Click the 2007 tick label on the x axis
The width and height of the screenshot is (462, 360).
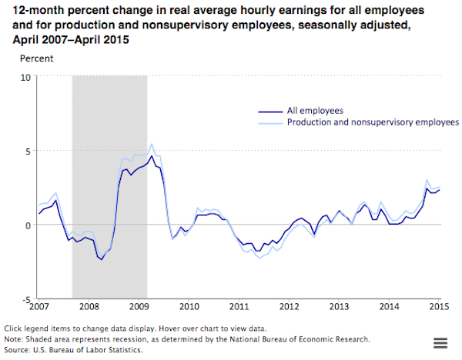click(38, 306)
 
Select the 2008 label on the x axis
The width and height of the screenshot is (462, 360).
click(89, 306)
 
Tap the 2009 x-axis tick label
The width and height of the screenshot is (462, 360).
click(139, 306)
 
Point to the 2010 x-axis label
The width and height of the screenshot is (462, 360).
click(189, 306)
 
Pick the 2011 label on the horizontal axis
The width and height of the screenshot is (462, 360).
click(239, 306)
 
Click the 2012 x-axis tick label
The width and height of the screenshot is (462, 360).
click(289, 306)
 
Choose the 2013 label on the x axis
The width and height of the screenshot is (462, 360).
click(339, 306)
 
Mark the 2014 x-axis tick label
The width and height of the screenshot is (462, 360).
click(389, 306)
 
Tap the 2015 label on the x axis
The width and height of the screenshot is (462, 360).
click(439, 306)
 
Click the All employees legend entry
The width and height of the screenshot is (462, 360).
click(316, 111)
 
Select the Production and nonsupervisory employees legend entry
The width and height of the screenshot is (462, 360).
click(373, 122)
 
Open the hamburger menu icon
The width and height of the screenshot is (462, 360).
click(441, 343)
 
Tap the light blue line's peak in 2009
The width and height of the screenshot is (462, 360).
click(152, 144)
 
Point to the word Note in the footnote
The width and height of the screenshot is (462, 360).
click(14, 338)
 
